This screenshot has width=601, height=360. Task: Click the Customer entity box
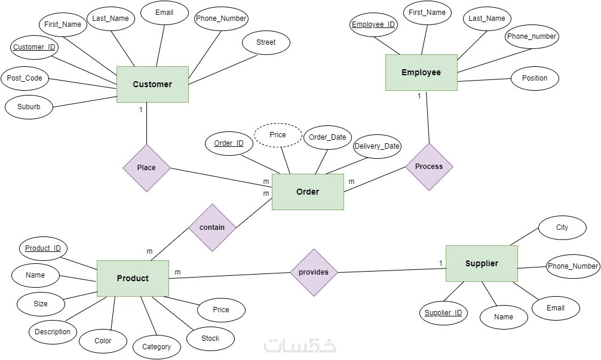(152, 84)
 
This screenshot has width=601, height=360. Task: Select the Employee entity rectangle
(421, 72)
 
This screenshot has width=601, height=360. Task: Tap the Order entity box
(308, 192)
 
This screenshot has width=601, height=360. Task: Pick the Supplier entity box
(482, 263)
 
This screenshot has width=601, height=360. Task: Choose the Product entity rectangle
(133, 278)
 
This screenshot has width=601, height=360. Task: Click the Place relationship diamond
(146, 168)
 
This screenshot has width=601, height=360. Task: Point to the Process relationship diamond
(429, 167)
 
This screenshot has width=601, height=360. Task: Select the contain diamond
(212, 227)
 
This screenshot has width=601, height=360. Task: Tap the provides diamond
(314, 272)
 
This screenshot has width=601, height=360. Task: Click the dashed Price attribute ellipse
(278, 135)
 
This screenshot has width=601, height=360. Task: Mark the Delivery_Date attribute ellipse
(376, 146)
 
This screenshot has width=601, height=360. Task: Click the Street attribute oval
(266, 42)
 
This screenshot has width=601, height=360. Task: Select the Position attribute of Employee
(535, 78)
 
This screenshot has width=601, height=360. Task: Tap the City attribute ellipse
(562, 227)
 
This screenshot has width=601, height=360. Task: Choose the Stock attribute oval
(210, 339)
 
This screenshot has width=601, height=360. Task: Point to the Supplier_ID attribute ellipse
(443, 313)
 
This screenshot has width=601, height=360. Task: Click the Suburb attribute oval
(29, 107)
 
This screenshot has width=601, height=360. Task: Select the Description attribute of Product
(53, 332)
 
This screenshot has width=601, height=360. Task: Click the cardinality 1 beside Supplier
(440, 263)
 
